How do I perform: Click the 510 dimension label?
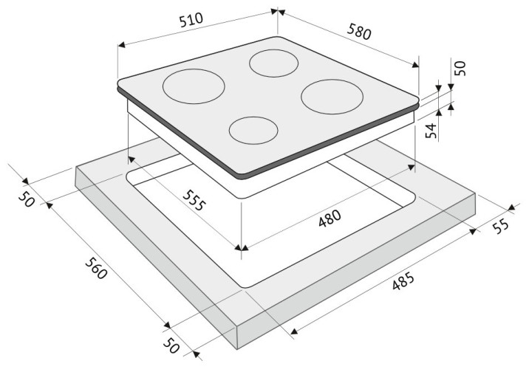(x=191, y=19)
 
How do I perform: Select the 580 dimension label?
(x=359, y=31)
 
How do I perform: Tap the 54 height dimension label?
(x=431, y=131)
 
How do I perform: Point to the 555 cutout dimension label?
(x=194, y=200)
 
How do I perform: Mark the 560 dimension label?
(x=96, y=268)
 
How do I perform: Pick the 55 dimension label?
(x=500, y=226)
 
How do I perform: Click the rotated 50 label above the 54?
(x=460, y=68)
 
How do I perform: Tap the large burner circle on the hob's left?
(x=194, y=86)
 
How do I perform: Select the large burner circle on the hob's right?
(x=332, y=97)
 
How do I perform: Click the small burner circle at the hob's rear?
(x=273, y=63)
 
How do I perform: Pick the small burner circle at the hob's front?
(x=253, y=130)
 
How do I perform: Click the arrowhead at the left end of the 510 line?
(x=121, y=45)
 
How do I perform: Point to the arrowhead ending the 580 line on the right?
(x=415, y=64)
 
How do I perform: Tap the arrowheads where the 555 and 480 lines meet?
(x=242, y=248)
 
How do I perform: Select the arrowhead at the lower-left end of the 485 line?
(x=294, y=332)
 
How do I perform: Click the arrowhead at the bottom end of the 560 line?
(x=167, y=325)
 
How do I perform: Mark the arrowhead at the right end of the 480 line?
(x=412, y=167)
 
